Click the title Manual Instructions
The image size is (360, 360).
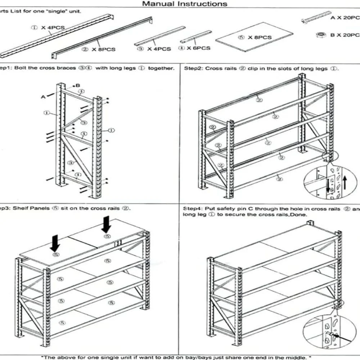185,4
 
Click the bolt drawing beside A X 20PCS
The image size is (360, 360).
316,17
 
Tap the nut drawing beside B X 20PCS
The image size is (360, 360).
319,35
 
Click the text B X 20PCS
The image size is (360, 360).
345,35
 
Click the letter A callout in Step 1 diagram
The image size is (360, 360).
43,96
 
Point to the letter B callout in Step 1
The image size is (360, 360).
78,85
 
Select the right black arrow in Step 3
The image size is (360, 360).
106,224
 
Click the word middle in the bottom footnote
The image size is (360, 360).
297,357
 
